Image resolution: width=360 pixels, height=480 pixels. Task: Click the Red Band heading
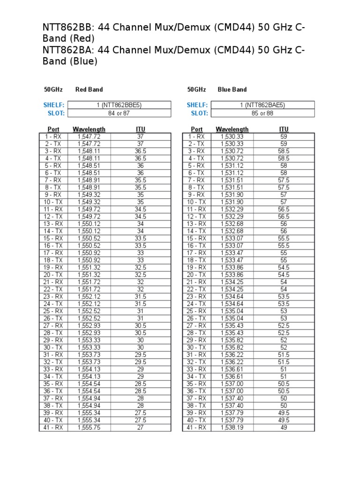89,89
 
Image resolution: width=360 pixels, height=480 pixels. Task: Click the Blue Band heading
232,89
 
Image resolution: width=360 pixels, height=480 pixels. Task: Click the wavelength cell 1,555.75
89,427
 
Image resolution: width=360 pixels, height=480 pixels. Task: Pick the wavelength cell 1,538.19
232,427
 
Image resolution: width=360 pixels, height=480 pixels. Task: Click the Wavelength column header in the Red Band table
89,129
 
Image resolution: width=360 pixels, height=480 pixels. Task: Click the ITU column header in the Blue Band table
284,129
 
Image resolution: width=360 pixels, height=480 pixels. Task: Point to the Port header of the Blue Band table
196,129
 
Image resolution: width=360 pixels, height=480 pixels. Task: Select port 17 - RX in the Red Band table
53,253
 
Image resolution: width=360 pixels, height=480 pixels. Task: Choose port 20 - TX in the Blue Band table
196,274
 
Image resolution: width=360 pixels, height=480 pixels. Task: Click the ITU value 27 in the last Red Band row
141,427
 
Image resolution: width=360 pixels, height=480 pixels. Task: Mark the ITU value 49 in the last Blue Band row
284,427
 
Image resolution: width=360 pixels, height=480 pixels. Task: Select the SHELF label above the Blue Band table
197,105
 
